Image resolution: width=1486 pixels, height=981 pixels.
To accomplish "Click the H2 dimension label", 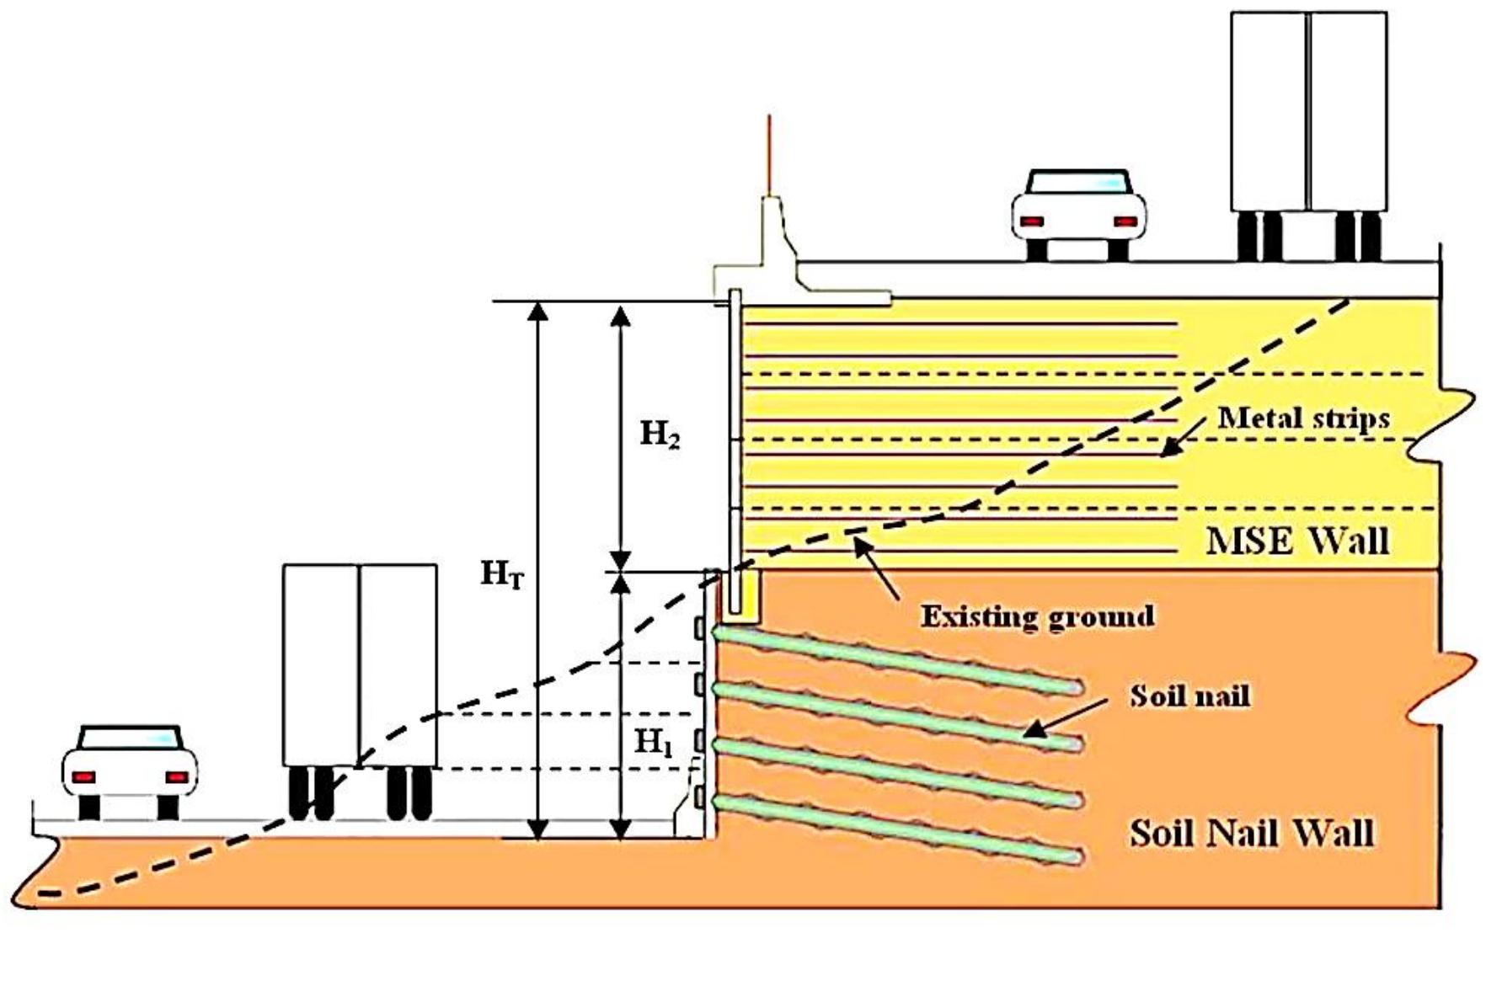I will pyautogui.click(x=660, y=435).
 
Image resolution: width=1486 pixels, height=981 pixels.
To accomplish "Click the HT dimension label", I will pyautogui.click(x=502, y=575).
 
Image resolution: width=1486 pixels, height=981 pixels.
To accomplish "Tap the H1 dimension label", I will pyautogui.click(x=653, y=743).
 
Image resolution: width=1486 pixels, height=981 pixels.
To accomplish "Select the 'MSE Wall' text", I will pyautogui.click(x=1297, y=540).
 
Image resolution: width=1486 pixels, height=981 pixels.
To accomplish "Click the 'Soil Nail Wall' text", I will pyautogui.click(x=1251, y=833).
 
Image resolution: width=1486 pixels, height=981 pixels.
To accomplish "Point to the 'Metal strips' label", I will pyautogui.click(x=1303, y=419).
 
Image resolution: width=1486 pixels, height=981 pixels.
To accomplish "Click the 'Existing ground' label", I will pyautogui.click(x=1037, y=616).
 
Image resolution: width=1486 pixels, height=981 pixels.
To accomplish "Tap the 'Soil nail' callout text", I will pyautogui.click(x=1189, y=696).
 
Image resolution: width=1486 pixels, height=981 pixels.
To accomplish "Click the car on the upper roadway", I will pyautogui.click(x=1078, y=215).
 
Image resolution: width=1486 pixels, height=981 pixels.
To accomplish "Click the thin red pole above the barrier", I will pyautogui.click(x=769, y=156).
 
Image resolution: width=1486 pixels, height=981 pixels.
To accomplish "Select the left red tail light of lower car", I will pyautogui.click(x=83, y=776).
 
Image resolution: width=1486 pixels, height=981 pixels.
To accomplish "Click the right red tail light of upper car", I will pyautogui.click(x=1125, y=221).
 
